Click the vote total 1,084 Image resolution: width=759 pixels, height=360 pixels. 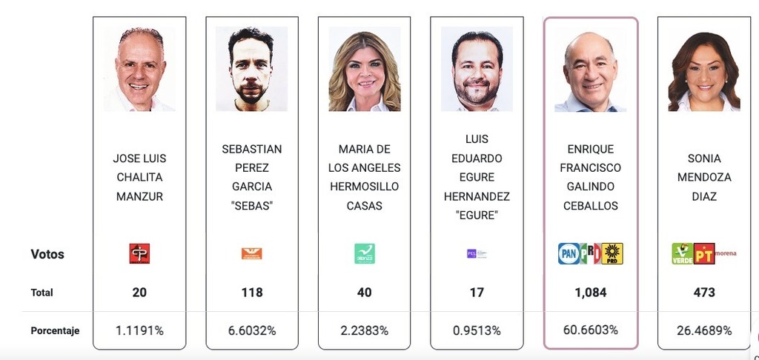coord(590,293)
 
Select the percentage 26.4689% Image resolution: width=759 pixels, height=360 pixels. coord(704,330)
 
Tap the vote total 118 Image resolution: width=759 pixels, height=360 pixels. coord(252,293)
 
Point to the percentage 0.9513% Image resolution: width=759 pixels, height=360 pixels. coord(477,330)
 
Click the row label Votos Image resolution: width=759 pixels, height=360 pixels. coord(47,254)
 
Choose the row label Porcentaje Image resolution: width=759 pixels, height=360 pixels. coord(55,330)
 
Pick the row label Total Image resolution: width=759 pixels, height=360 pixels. coord(42,293)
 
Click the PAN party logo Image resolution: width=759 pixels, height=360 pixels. coord(568,254)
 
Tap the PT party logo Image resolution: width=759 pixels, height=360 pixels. coord(703,253)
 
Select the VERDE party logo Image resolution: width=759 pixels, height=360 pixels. coord(682,253)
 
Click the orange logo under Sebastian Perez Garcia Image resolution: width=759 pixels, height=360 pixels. coord(252,254)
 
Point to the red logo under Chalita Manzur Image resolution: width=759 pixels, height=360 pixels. coord(139,254)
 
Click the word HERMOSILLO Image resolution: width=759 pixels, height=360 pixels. coord(364,187)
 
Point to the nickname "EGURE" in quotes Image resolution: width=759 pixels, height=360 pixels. coord(477,216)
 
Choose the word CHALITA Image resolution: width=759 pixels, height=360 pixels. coord(139,178)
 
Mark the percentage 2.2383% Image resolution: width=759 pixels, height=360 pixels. coord(364,330)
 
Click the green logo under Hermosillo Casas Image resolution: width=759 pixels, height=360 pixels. coord(364,254)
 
